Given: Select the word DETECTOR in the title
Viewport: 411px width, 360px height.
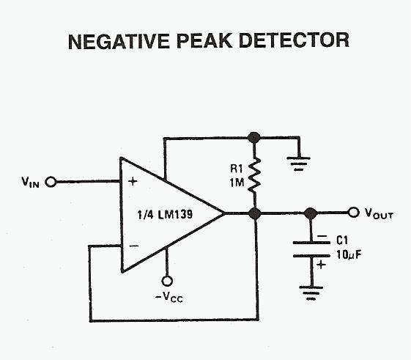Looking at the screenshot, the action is pos(294,40).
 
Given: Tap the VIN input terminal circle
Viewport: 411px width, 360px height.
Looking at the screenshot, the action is pos(51,182).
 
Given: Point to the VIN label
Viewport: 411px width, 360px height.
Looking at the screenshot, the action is pos(31,182).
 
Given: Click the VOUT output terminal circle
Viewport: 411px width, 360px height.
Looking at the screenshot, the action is pos(353,212).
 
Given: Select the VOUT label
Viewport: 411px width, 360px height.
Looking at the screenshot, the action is pos(379,213).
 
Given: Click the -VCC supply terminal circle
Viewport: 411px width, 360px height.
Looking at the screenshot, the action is pos(167,281).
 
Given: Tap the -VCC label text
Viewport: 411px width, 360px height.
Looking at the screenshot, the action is pos(169,297).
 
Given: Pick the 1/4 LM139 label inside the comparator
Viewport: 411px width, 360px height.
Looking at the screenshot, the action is pos(165,214).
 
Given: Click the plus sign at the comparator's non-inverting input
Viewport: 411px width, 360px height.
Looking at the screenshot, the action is pos(133,181).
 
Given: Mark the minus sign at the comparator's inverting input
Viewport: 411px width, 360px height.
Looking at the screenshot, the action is pos(134,246).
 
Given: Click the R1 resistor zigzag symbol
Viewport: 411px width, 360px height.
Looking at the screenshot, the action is pos(254,175).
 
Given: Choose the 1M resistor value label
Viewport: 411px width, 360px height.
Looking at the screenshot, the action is pos(237,183).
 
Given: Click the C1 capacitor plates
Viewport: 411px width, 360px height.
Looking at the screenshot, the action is pos(311,249).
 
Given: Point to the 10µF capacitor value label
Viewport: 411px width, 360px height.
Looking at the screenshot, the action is pos(349,254).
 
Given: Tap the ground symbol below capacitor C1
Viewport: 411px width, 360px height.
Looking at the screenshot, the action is pos(311,293).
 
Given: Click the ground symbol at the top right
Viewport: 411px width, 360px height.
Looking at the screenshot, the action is pos(299,164).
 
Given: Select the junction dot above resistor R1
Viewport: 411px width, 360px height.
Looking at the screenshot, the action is pos(254,137).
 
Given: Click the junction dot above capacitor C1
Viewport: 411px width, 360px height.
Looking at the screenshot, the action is pos(311,213).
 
